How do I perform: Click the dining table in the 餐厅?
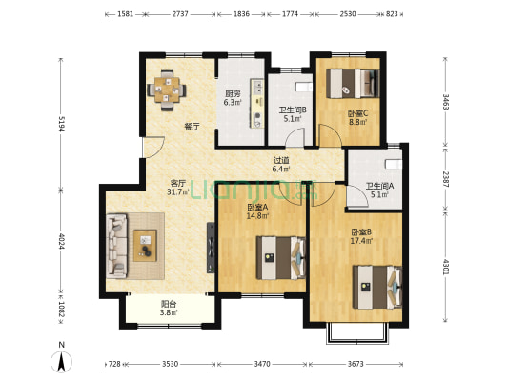pos(167,90)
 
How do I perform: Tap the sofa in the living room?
pos(116,246)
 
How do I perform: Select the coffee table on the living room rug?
pos(145,246)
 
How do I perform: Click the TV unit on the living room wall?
pos(211,248)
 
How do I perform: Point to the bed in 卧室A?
pos(281,258)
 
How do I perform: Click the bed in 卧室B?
pos(377,287)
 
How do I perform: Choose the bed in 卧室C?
pos(353,83)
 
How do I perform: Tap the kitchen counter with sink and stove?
pos(257,103)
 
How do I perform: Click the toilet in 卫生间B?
pos(304,87)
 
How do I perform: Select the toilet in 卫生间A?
pos(394,164)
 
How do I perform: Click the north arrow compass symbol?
pos(61,362)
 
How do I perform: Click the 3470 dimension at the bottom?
pos(262,364)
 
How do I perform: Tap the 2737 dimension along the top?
pos(180,14)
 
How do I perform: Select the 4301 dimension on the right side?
pos(446,267)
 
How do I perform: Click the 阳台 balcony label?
pos(169,304)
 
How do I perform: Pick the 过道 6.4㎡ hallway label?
pos(281,165)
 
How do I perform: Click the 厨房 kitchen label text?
pos(233,94)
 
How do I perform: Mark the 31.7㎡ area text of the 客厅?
pos(178,192)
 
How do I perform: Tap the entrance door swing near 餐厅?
pos(154,148)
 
